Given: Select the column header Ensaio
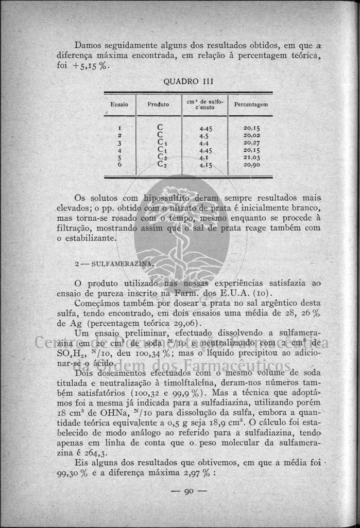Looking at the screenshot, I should pyautogui.click(x=119, y=104).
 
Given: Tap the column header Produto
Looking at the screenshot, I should pyautogui.click(x=158, y=104).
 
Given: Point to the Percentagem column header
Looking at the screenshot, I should pyautogui.click(x=251, y=104).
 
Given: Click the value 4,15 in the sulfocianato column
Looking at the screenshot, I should pyautogui.click(x=205, y=165).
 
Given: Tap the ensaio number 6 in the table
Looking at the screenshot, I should pyautogui.click(x=119, y=165).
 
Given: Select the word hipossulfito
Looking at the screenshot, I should pyautogui.click(x=168, y=199).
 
